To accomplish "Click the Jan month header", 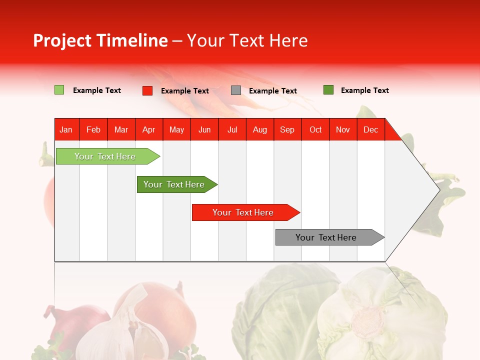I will [66, 129].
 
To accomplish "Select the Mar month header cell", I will [121, 129].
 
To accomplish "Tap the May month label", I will [176, 129].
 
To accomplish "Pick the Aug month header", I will [259, 129].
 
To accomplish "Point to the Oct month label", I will [315, 129].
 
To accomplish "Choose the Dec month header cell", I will [370, 129].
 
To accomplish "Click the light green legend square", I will [59, 90].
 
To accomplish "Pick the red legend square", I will [147, 90].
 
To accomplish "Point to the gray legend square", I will [236, 90].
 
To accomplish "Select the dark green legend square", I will [328, 90].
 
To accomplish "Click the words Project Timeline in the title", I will [100, 40].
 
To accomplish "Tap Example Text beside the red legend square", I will [184, 91].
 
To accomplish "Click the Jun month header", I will [204, 129].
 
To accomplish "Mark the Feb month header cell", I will [93, 129].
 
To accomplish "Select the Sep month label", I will [287, 129].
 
